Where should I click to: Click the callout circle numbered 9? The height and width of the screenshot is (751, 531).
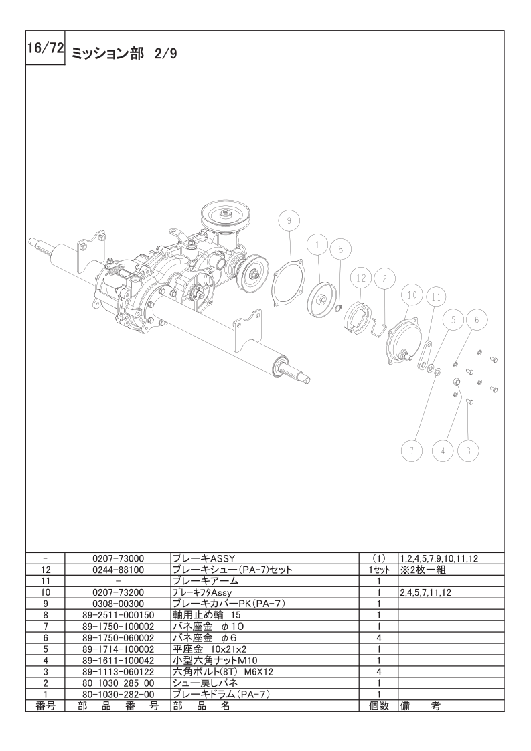point(289,220)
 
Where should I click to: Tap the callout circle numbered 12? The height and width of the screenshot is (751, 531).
point(360,277)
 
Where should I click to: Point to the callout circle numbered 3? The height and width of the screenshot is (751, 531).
point(468,450)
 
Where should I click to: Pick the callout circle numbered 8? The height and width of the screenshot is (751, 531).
point(340,249)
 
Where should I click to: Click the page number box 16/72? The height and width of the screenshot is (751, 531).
point(45,48)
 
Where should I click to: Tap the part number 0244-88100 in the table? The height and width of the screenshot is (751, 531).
point(118,570)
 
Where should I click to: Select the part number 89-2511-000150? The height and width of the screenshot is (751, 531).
point(118,614)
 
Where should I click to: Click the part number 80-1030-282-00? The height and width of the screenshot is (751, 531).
point(118,694)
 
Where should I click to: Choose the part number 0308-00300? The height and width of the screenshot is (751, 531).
point(118,603)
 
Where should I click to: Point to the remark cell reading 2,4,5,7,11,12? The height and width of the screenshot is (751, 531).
point(426,592)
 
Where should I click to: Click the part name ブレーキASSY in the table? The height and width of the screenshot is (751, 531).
point(202,558)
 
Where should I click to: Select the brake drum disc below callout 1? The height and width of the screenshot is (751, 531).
point(320,299)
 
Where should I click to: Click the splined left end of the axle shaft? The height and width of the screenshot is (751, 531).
point(41,245)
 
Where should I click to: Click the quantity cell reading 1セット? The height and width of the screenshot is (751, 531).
point(378,570)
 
